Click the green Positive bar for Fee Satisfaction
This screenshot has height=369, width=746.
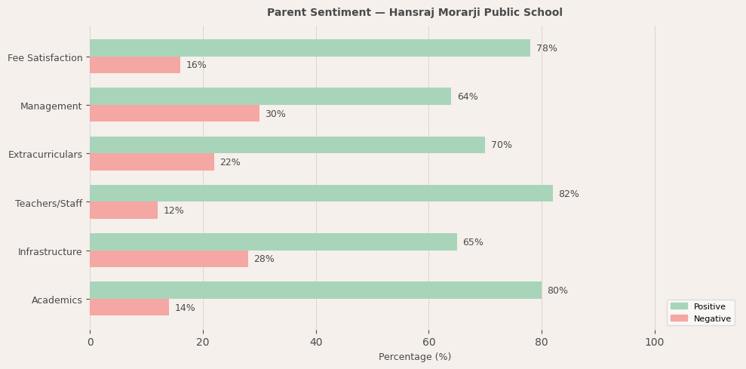[309, 48]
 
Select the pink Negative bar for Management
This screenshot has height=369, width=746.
[174, 114]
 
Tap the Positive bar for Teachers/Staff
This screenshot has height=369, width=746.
[321, 194]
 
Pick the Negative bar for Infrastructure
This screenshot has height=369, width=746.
[168, 259]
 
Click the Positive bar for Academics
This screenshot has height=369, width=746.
[315, 291]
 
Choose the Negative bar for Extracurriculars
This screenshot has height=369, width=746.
[152, 162]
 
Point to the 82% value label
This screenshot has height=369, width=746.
[569, 194]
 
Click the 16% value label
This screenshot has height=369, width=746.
[196, 66]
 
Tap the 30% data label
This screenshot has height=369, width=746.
[275, 114]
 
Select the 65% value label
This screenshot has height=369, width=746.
[473, 242]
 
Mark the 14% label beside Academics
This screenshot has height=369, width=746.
[185, 308]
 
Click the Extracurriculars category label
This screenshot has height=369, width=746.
[45, 155]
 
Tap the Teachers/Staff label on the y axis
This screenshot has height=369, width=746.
[49, 204]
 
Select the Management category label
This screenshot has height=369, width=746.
[51, 106]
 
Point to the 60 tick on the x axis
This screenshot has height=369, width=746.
[428, 342]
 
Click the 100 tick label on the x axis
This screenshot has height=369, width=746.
[654, 342]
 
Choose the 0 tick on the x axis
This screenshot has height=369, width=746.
[90, 342]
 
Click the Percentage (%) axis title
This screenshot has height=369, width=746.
[415, 357]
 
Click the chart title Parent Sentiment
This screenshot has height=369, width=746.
[414, 13]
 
